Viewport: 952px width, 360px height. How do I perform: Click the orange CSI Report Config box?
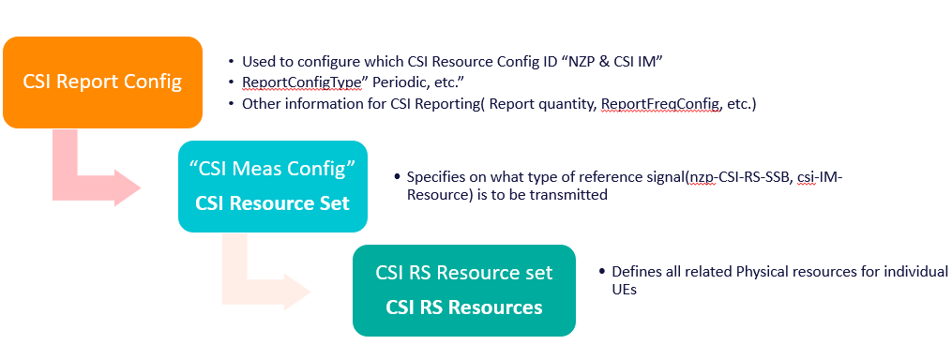102,82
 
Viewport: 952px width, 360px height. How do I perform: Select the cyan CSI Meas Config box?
272,186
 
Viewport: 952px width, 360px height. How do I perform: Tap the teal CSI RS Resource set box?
463,290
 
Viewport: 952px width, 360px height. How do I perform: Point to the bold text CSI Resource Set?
272,202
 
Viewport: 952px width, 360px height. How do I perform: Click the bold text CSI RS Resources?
463,307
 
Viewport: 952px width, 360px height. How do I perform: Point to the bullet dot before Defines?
601,272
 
